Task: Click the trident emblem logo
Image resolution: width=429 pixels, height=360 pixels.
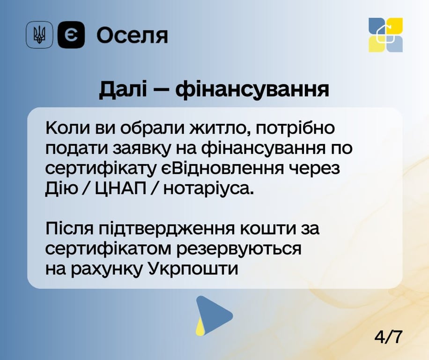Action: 39,35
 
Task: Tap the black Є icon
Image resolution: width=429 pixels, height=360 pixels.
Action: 71,35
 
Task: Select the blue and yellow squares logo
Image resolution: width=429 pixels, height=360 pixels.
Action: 385,35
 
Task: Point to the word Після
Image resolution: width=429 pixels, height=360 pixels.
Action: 68,229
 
